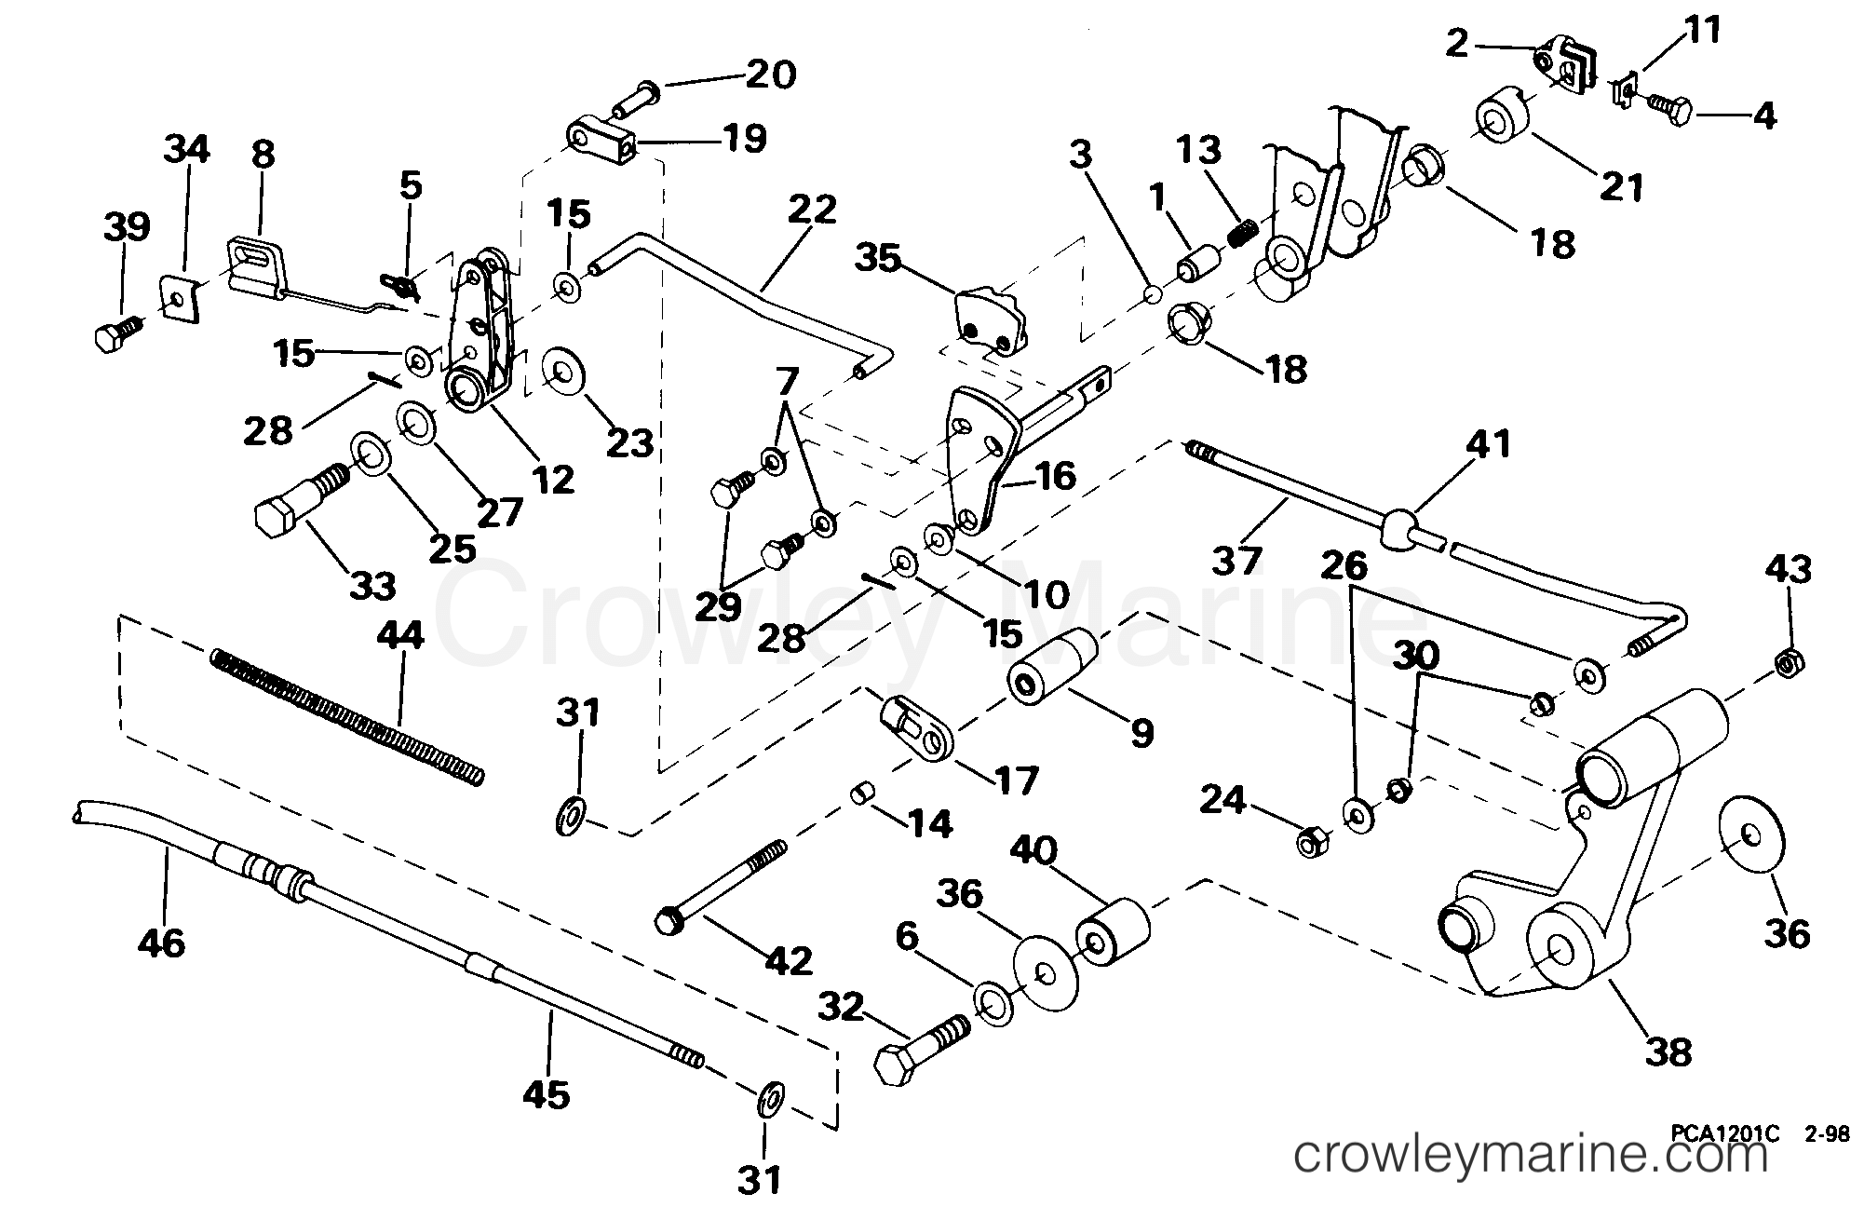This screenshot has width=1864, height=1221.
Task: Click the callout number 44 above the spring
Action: pyautogui.click(x=401, y=635)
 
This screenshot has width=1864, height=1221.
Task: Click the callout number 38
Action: pyautogui.click(x=1668, y=1052)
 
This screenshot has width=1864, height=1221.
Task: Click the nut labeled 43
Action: pyautogui.click(x=1790, y=662)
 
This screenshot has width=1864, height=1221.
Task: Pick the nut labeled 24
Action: pyautogui.click(x=1313, y=841)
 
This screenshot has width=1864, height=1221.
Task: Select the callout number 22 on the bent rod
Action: pyautogui.click(x=812, y=210)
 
